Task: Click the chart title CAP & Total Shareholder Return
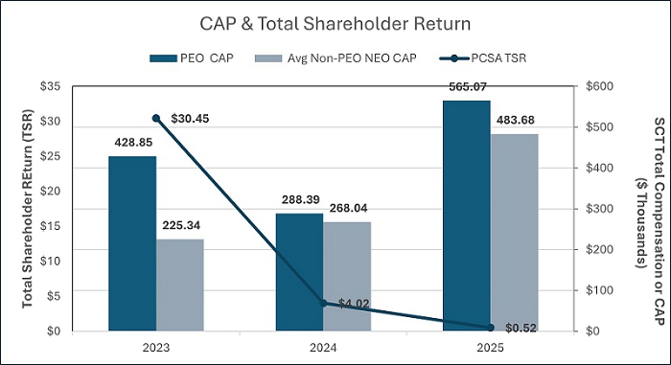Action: pyautogui.click(x=335, y=24)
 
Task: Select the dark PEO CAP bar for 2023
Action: pyautogui.click(x=132, y=243)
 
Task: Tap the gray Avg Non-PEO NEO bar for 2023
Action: pyautogui.click(x=180, y=285)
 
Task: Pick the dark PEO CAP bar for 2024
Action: pyautogui.click(x=299, y=272)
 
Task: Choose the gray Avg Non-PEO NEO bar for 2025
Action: pyautogui.click(x=515, y=233)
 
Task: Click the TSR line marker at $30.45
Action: pyautogui.click(x=156, y=119)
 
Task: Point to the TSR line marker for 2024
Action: pyautogui.click(x=324, y=304)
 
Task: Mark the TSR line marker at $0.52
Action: pyautogui.click(x=491, y=328)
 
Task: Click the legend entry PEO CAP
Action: pyautogui.click(x=192, y=58)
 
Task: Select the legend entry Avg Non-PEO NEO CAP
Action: pyautogui.click(x=335, y=58)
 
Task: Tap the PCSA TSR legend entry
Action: pyautogui.click(x=483, y=58)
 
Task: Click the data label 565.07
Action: pyautogui.click(x=468, y=87)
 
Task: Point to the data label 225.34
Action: pyautogui.click(x=181, y=225)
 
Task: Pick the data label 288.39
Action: pyautogui.click(x=300, y=199)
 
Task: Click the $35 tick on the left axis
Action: pyautogui.click(x=50, y=86)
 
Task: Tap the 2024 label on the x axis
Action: pyautogui.click(x=324, y=347)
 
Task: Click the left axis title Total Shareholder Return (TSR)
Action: pyautogui.click(x=28, y=209)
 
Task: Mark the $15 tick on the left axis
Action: pyautogui.click(x=50, y=226)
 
